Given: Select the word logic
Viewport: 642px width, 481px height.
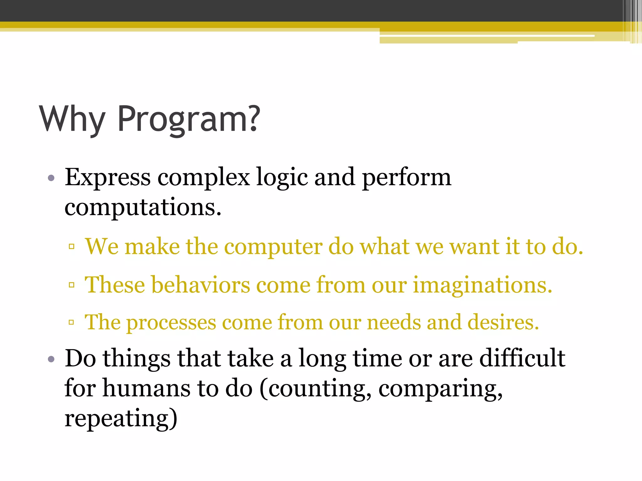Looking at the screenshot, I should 282,178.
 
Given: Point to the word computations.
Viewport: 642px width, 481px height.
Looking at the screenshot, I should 143,207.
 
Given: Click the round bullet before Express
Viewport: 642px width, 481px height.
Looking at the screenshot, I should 51,178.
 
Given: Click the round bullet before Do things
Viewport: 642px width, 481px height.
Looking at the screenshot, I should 51,359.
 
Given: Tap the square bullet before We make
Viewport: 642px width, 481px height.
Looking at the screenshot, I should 71,246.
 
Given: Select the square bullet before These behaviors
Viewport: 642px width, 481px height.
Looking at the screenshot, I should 71,285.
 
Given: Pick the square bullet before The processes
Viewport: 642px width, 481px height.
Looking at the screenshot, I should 71,322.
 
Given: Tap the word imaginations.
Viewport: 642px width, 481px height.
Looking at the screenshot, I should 482,285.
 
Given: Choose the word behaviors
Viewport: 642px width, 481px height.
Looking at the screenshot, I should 201,285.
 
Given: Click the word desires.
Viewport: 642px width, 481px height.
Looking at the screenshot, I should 503,322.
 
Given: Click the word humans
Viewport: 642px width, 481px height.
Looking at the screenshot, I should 146,388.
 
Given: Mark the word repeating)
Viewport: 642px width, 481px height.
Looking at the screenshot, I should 121,418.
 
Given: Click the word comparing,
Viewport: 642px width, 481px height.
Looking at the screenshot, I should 440,388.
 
